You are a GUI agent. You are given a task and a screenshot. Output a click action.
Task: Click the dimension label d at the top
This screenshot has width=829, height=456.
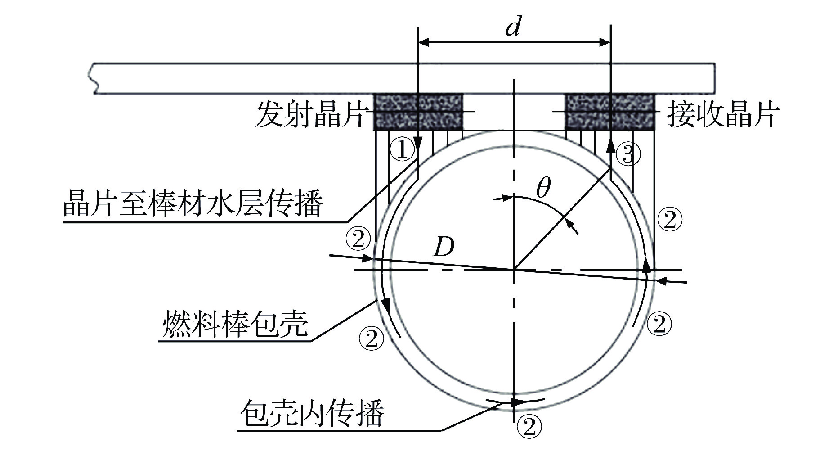[x=513, y=27]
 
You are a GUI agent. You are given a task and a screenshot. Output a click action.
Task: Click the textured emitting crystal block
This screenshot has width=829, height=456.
[x=419, y=112]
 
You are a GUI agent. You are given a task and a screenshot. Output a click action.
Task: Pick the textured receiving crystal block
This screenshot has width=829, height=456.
[x=609, y=112]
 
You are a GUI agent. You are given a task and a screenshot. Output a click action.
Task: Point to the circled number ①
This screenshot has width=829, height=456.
[x=402, y=149]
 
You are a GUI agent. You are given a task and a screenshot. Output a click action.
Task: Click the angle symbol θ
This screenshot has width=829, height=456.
[x=543, y=189]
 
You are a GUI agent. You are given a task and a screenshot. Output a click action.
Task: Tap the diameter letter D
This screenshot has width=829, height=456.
[x=444, y=247]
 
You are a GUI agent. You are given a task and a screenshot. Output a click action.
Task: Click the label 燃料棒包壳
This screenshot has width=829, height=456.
[x=235, y=323]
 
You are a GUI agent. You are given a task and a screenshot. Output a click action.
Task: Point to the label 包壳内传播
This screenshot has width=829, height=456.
[x=312, y=413]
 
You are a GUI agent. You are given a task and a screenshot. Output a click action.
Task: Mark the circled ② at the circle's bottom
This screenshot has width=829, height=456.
[x=529, y=426]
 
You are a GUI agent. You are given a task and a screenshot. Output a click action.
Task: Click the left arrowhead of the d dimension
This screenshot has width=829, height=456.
[x=425, y=43]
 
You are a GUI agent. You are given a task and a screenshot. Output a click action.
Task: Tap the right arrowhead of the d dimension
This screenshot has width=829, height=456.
[x=604, y=43]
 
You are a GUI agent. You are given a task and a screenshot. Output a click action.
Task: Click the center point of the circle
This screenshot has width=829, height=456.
[x=513, y=270]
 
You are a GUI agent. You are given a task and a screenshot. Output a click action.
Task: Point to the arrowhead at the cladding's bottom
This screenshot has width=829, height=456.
[x=517, y=401]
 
